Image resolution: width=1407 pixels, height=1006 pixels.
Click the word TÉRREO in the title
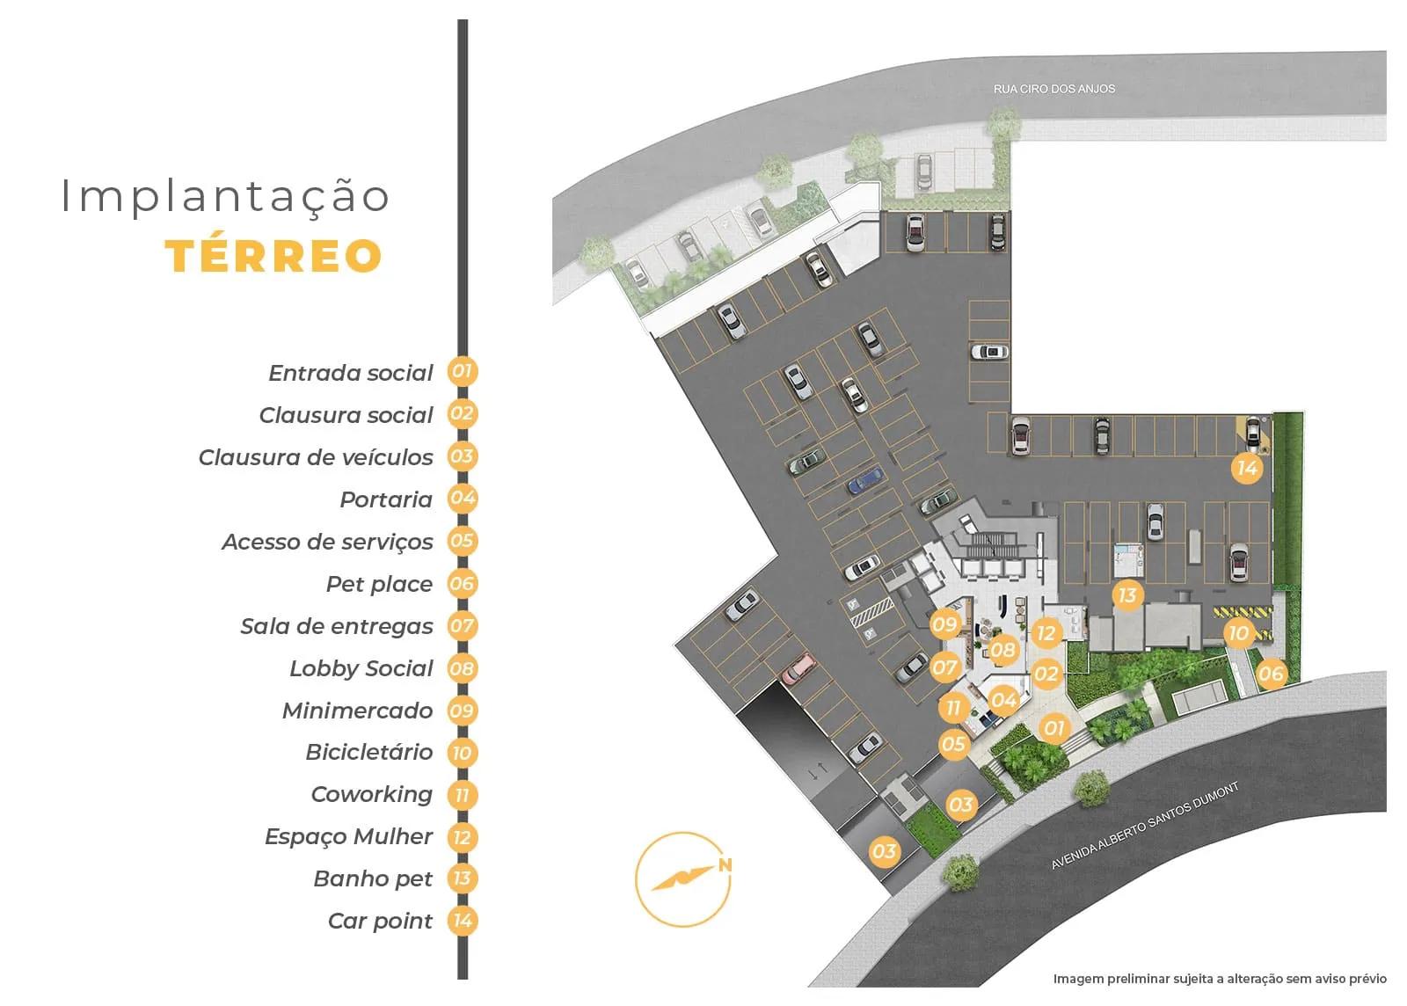pyautogui.click(x=273, y=255)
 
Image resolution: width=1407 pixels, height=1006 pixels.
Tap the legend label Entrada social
pyautogui.click(x=351, y=373)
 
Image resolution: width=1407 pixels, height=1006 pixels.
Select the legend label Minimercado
pyautogui.click(x=357, y=711)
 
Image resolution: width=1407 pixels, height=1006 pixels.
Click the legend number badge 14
pyautogui.click(x=462, y=921)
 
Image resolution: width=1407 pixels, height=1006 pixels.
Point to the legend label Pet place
pyautogui.click(x=379, y=584)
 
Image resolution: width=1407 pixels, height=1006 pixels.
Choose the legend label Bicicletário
pyautogui.click(x=369, y=752)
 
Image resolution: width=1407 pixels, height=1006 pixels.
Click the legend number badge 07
pyautogui.click(x=462, y=626)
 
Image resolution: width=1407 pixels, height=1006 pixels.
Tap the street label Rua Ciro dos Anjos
pyautogui.click(x=1053, y=89)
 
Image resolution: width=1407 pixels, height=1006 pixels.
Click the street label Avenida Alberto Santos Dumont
pyautogui.click(x=1145, y=826)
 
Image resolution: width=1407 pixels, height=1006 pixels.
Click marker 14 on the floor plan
pyautogui.click(x=1247, y=468)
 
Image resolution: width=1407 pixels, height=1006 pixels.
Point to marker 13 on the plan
pyautogui.click(x=1127, y=595)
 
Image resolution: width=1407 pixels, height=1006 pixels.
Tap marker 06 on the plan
pyautogui.click(x=1272, y=674)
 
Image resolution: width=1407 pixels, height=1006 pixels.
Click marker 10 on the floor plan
pyautogui.click(x=1238, y=633)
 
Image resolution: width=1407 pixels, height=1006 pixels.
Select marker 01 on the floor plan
pyautogui.click(x=1053, y=727)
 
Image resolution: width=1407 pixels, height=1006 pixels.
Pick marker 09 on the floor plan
pyautogui.click(x=944, y=624)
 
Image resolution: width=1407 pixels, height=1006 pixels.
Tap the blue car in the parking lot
pyautogui.click(x=864, y=480)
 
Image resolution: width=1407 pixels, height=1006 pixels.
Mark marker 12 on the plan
pyautogui.click(x=1045, y=633)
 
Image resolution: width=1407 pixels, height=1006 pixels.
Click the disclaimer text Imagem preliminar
pyautogui.click(x=1219, y=978)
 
